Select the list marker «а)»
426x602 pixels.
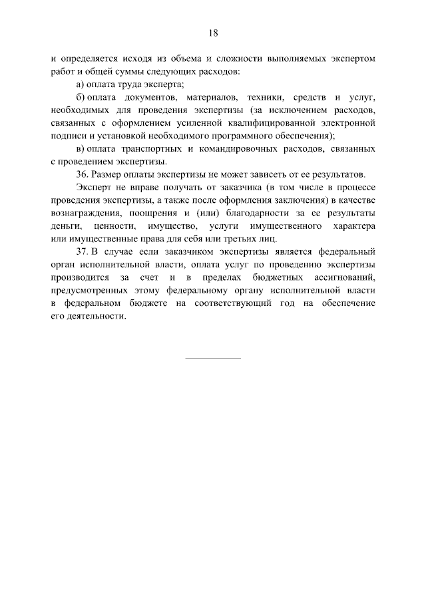tap(81, 84)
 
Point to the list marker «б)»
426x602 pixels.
tap(81, 97)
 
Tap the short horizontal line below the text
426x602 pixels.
tap(213, 359)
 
